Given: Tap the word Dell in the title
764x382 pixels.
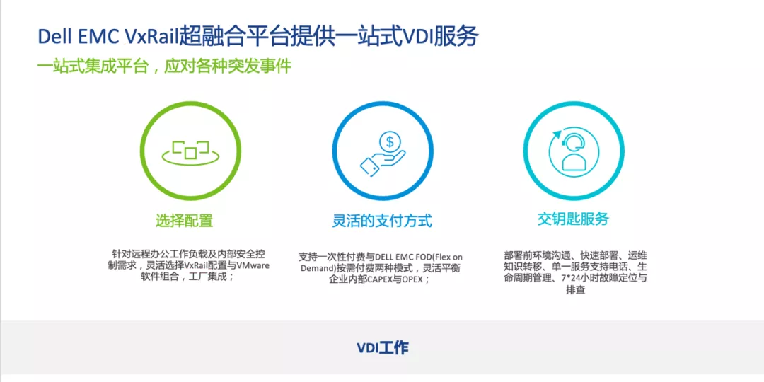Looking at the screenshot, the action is point(52,37).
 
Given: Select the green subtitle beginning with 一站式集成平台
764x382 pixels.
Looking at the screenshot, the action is point(165,66).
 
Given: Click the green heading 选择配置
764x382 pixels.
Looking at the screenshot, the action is point(184,221).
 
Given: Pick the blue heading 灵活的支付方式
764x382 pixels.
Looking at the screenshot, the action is point(383,221).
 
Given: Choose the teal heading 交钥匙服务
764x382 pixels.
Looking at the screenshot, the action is point(573,219).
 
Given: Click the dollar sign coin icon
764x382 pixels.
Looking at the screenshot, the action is point(390,143).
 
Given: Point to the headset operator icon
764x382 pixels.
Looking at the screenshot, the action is point(573,151).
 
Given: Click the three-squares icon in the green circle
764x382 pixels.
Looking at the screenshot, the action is point(191,151).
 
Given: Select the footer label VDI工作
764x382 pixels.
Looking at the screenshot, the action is point(383,348).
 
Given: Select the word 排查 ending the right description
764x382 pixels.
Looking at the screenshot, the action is point(575,291).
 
